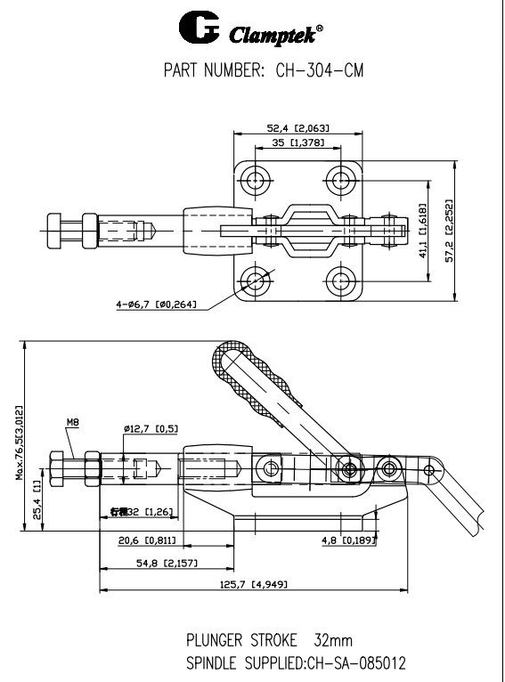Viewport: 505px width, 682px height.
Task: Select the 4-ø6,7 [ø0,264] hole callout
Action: click(157, 304)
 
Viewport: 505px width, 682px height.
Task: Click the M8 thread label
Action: click(73, 424)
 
